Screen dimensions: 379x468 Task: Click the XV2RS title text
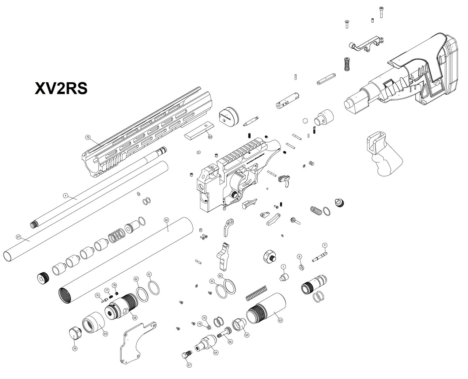[61, 88]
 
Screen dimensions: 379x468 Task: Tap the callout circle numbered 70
[88, 137]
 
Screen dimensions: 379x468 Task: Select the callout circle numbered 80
[210, 137]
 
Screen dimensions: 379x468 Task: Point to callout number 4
[65, 196]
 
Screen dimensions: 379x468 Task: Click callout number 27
[18, 237]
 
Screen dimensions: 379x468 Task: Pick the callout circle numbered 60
[166, 220]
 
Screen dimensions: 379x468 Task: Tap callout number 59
[75, 348]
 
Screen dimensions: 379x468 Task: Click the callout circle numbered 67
[189, 365]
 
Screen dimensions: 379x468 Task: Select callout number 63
[280, 320]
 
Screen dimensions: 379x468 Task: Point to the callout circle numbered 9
[324, 245]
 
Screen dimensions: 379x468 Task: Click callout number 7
[283, 267]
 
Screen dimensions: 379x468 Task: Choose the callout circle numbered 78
[114, 285]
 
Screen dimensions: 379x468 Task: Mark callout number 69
[105, 334]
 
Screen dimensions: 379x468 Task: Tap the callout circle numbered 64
[216, 353]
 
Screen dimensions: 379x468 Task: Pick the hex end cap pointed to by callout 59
[75, 333]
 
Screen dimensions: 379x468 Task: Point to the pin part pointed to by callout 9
[320, 257]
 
